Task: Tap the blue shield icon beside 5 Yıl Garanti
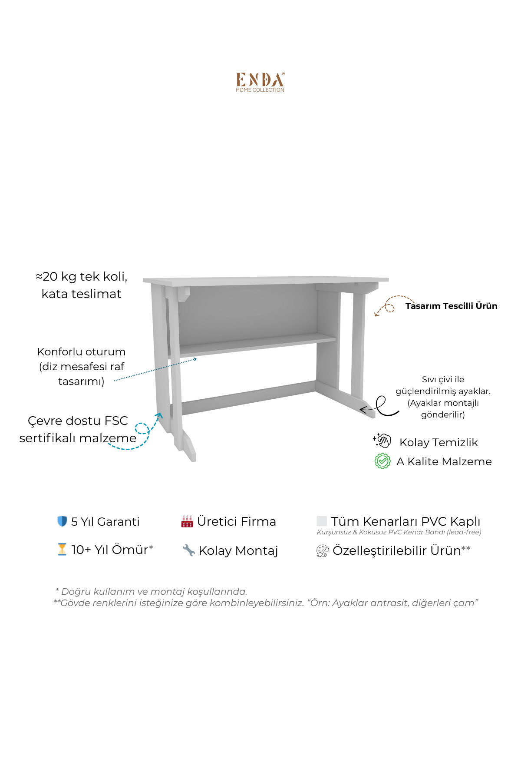62,521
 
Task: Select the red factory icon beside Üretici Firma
187,521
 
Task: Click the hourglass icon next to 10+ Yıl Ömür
62,550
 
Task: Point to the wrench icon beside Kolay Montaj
188,550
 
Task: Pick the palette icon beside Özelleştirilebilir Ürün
322,551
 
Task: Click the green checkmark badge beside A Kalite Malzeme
383,461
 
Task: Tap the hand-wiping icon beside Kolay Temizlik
382,441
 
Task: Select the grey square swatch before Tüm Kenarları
322,521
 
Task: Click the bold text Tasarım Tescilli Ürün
451,306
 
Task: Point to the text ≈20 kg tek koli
81,276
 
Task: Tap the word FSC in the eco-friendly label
116,421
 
